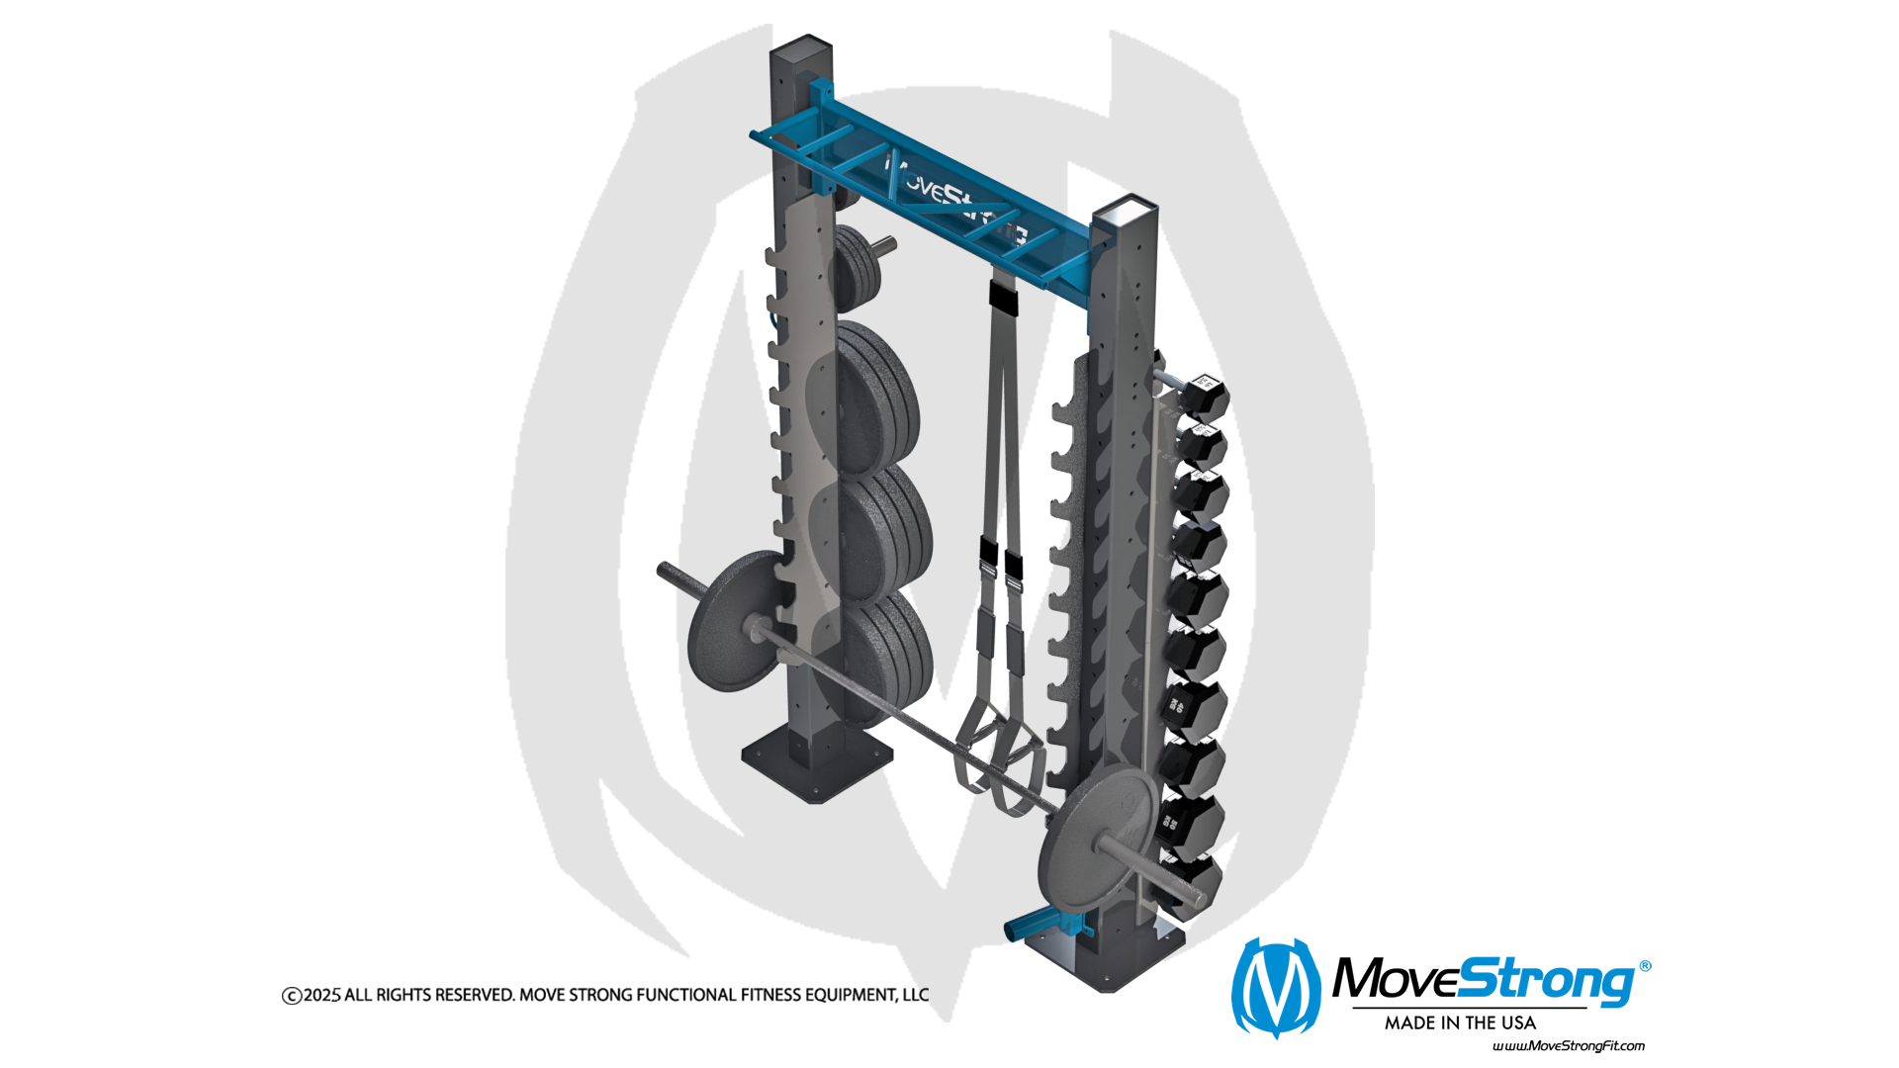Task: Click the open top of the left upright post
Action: tap(802, 46)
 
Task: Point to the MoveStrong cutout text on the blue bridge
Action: tap(954, 199)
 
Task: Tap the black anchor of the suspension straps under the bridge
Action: tap(1002, 293)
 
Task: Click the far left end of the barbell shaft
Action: tap(662, 569)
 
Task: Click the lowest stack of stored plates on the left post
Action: tap(879, 658)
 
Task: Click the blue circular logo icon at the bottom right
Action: tap(1279, 989)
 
